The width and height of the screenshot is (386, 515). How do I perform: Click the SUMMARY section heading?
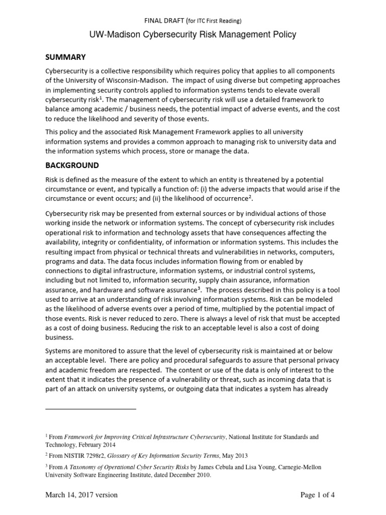[66, 57]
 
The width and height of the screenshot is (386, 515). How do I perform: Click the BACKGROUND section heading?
[72, 165]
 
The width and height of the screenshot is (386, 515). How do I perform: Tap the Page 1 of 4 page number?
[317, 495]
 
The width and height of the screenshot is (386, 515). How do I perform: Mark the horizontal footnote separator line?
[91, 409]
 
